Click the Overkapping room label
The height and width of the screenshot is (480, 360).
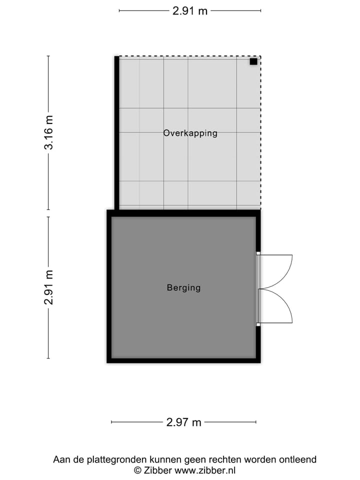[190, 133]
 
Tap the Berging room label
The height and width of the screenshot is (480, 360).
[183, 287]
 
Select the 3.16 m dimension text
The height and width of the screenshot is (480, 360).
[48, 132]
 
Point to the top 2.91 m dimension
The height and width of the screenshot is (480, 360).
[190, 10]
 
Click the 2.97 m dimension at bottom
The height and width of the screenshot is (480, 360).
[183, 422]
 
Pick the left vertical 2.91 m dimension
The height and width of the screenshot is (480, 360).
[48, 287]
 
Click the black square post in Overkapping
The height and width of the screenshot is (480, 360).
[253, 61]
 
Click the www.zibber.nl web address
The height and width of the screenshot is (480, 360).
[205, 470]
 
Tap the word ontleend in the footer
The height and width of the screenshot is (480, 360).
[298, 459]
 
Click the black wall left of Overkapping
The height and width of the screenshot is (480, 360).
[117, 132]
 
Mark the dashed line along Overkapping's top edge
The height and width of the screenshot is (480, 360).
[190, 56]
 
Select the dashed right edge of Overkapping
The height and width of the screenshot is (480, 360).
[260, 132]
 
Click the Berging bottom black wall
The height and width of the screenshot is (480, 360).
[183, 360]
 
